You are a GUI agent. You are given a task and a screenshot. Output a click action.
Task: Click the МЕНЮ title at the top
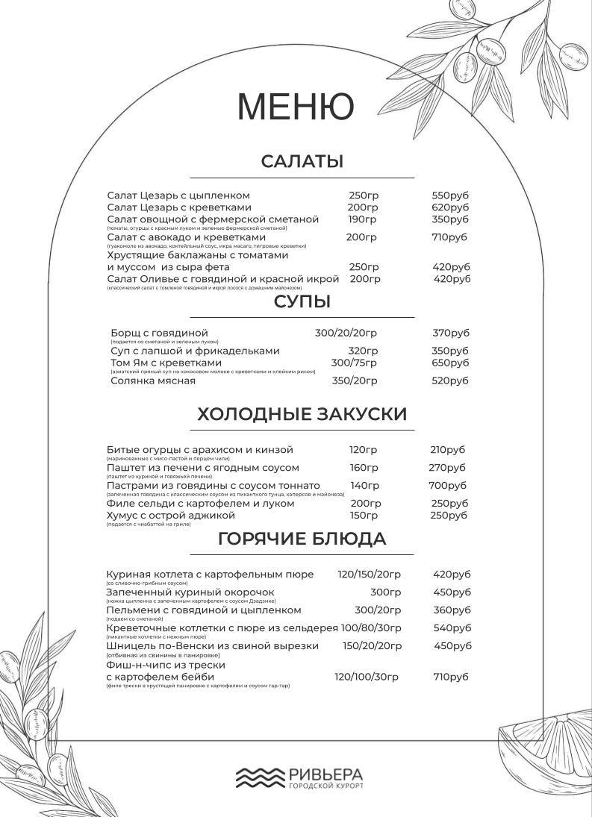[295, 107]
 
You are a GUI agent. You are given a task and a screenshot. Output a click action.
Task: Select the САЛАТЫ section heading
[302, 162]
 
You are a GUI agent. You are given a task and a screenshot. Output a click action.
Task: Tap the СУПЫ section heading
[302, 302]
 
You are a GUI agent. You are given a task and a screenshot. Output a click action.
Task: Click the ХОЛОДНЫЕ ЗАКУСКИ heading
[302, 415]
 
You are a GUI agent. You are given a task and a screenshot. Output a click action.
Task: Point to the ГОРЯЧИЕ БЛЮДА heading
[302, 539]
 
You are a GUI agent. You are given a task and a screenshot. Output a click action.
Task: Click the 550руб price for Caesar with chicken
[450, 195]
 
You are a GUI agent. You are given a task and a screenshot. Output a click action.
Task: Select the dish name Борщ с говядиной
[159, 333]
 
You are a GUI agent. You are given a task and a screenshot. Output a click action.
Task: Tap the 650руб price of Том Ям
[450, 363]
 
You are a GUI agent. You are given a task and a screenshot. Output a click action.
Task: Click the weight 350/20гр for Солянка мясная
[355, 381]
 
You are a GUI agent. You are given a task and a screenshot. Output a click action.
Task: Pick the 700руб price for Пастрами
[448, 486]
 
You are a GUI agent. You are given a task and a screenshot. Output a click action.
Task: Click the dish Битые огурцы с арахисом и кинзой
[200, 450]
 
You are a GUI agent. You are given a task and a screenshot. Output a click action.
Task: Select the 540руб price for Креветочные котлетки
[452, 628]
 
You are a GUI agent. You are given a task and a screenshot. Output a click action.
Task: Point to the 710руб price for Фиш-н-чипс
[451, 677]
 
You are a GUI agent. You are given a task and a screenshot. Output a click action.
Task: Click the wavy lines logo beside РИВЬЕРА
[261, 777]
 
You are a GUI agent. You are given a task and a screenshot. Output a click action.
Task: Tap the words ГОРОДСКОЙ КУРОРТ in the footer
[325, 787]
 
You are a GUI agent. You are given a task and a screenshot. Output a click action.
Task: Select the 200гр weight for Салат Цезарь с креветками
[363, 207]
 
